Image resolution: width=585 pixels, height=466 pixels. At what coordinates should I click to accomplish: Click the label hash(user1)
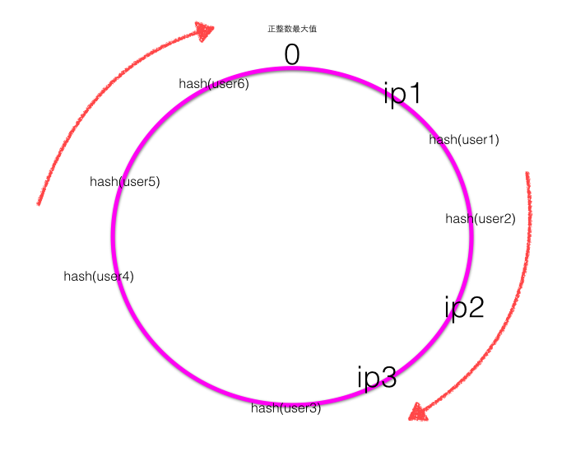tap(464, 140)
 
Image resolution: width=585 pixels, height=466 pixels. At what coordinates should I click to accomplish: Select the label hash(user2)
tap(481, 219)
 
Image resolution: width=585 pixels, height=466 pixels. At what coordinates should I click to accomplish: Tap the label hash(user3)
tap(286, 408)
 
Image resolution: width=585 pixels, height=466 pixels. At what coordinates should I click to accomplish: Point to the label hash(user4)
tap(99, 277)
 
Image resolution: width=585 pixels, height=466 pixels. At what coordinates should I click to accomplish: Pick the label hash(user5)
tap(125, 182)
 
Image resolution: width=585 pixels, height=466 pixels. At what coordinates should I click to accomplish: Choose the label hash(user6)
tap(214, 84)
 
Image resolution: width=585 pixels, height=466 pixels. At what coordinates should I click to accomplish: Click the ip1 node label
tap(402, 93)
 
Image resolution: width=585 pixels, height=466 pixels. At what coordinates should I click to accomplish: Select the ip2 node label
tap(464, 307)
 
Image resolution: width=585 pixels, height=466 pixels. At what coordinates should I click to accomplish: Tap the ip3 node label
tap(377, 378)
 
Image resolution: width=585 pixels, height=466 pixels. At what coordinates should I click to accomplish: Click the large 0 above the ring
tap(292, 54)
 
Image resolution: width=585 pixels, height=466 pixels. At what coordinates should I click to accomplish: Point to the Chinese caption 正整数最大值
tap(292, 29)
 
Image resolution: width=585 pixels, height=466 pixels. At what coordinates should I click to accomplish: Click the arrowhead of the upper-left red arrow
tap(204, 31)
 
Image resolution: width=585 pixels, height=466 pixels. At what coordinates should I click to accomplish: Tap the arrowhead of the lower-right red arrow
tap(420, 411)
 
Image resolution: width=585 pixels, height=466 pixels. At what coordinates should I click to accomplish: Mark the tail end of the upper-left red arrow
tap(39, 203)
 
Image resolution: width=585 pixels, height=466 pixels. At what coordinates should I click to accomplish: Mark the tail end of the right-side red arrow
tap(527, 174)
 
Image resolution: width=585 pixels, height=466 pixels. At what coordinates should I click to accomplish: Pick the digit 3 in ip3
tap(388, 378)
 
